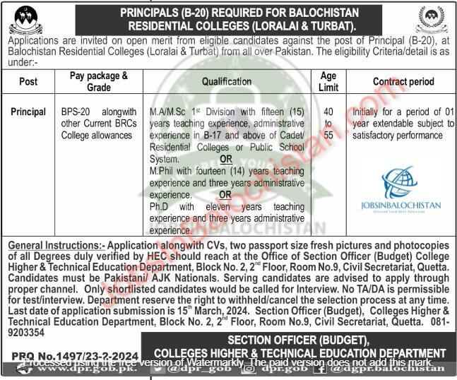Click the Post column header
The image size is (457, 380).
[28, 81]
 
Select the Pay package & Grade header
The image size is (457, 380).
[100, 81]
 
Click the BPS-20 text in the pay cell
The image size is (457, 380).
[77, 112]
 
